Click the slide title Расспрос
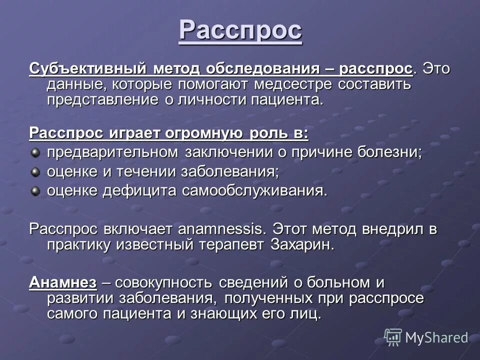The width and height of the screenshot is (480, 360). click(x=240, y=30)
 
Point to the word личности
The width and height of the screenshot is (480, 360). click(x=213, y=99)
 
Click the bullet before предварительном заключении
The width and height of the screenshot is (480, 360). click(x=35, y=152)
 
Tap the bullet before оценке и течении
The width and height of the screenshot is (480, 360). click(x=35, y=171)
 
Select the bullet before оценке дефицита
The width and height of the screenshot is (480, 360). click(x=35, y=190)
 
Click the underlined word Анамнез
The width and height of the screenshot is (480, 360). click(x=63, y=282)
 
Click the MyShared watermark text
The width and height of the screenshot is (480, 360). click(x=436, y=337)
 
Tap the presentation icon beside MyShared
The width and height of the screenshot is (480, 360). click(x=393, y=336)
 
